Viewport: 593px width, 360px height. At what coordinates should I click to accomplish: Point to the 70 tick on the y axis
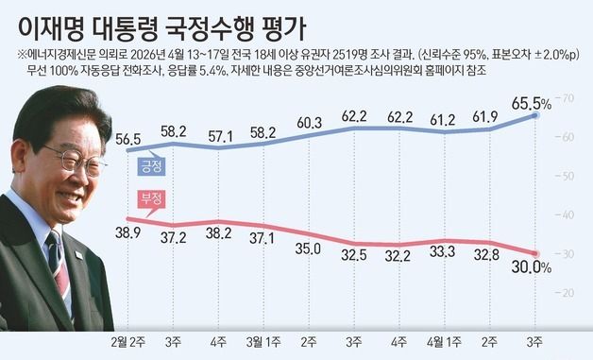pos(568,98)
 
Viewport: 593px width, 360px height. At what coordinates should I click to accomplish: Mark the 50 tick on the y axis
pos(568,177)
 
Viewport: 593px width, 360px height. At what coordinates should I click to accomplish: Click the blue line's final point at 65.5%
pos(534,115)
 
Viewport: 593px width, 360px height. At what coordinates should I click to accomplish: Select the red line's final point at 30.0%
pos(534,253)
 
